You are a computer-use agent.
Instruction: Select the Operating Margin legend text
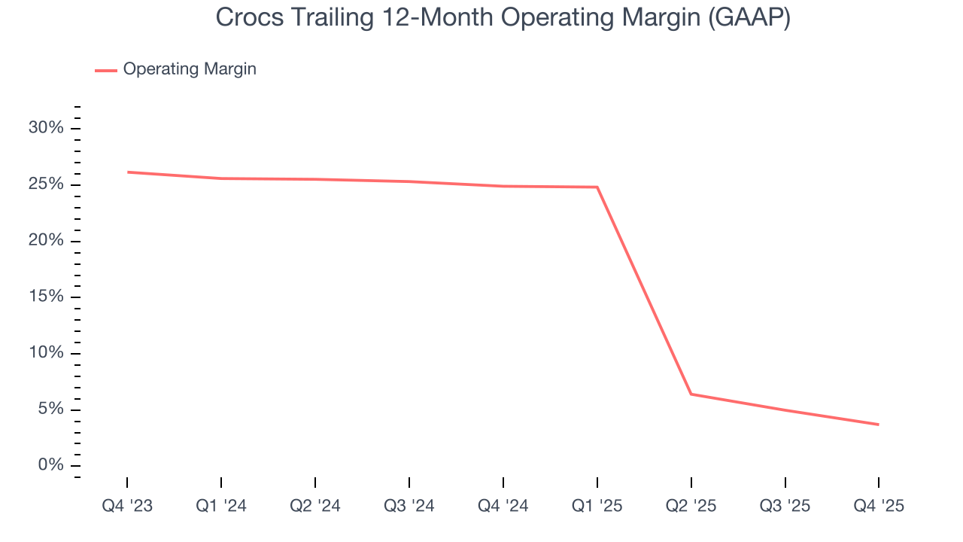(190, 69)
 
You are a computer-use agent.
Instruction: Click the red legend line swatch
(106, 70)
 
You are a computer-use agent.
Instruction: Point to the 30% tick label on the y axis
(46, 128)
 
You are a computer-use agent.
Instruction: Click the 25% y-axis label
(46, 184)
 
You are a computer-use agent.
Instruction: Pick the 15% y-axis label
(46, 297)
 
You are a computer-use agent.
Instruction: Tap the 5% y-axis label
(50, 410)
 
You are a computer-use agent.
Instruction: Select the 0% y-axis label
(50, 465)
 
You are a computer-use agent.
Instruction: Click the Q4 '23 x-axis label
(127, 506)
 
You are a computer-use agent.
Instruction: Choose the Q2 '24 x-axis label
(315, 506)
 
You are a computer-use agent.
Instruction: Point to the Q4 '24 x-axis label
(503, 506)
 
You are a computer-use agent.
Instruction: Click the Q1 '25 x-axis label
(597, 506)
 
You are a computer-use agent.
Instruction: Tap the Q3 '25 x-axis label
(785, 506)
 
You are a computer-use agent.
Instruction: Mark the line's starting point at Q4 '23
(127, 172)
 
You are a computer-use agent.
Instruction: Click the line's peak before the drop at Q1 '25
(597, 187)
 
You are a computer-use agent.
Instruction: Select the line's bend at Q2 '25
(691, 394)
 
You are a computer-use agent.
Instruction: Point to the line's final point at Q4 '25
(878, 425)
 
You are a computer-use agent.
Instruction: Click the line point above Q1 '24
(221, 178)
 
